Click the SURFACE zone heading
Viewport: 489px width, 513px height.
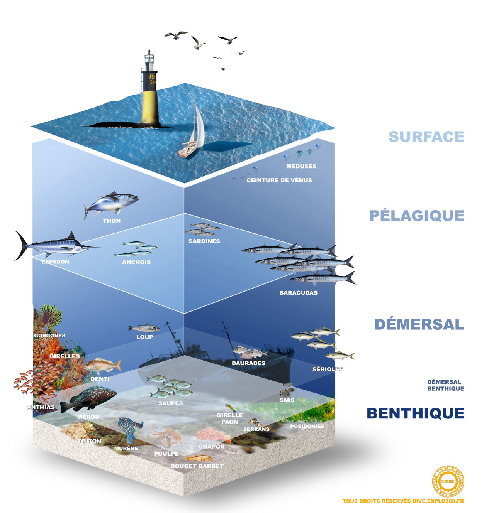tap(426, 137)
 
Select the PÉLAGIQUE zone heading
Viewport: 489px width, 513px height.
tap(416, 216)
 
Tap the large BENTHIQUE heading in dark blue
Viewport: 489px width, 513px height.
tap(415, 413)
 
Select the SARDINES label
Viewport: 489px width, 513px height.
tap(204, 241)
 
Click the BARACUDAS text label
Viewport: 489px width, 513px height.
tap(298, 293)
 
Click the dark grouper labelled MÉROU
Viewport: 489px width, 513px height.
tap(89, 399)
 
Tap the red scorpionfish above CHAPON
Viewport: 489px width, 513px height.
tap(213, 435)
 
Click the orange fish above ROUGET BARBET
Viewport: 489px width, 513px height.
tap(199, 458)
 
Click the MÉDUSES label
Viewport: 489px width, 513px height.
tap(301, 166)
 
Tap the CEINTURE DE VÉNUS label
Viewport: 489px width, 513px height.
tap(279, 180)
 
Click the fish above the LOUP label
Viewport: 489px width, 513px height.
tap(144, 328)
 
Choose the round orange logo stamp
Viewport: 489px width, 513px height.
tap(448, 481)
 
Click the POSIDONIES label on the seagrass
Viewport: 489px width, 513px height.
tap(307, 426)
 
